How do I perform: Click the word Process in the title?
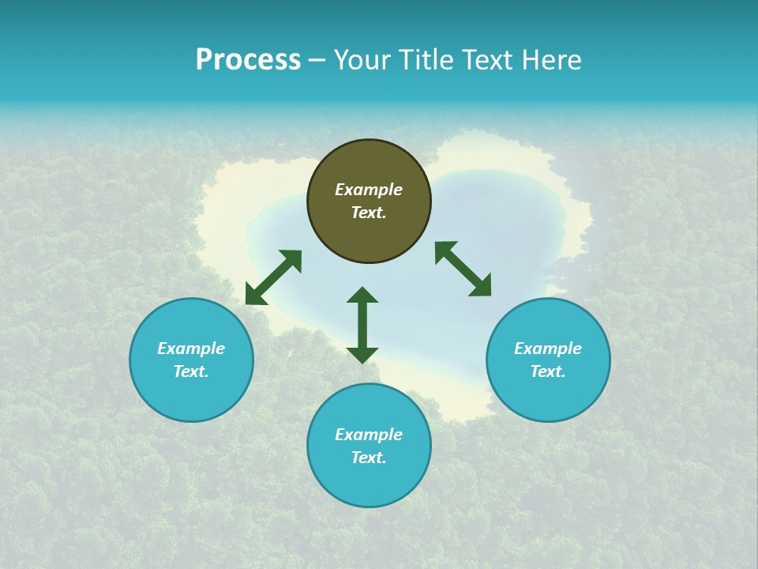point(248,60)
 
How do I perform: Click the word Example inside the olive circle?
point(369,190)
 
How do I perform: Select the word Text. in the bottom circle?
point(369,458)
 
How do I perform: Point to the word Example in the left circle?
point(191,349)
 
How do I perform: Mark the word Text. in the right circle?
point(548,371)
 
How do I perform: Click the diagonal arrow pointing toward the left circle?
point(273,277)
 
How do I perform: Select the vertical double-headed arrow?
point(362,325)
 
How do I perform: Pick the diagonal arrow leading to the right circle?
point(463,269)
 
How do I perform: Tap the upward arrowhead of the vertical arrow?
point(362,295)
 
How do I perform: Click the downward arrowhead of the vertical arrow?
point(362,355)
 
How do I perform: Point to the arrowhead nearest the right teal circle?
point(481,286)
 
